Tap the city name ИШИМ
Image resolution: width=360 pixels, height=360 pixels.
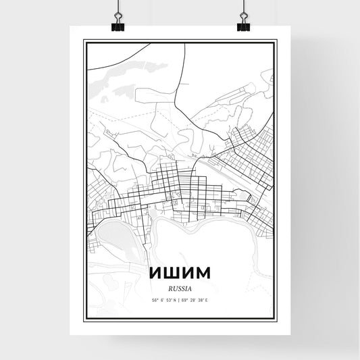tap(179, 278)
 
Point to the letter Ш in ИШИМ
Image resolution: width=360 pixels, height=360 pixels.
tap(170, 278)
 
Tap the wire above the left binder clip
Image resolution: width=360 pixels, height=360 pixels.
tap(118, 7)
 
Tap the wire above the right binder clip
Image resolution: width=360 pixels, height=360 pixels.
tap(243, 7)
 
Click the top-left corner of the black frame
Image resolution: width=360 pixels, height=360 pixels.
tap(84, 41)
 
